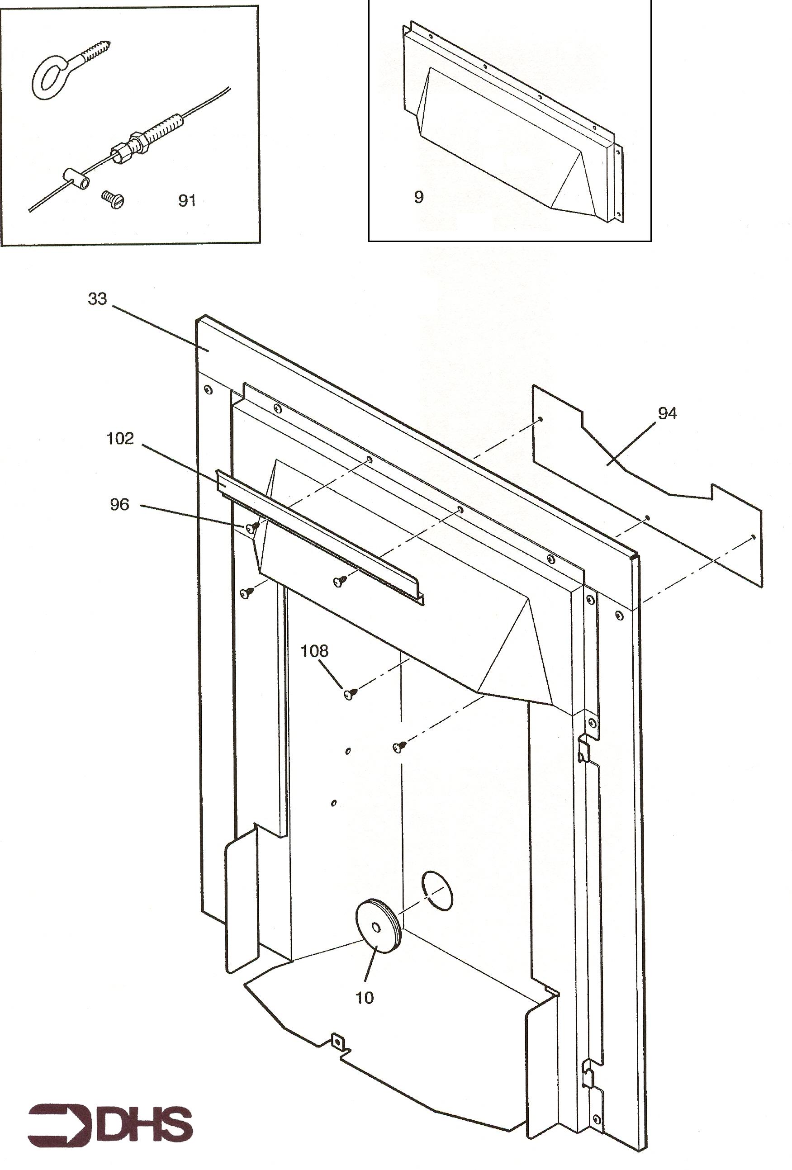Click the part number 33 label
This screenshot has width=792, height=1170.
(97, 298)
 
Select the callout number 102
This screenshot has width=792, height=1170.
(120, 439)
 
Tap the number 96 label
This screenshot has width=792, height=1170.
(119, 504)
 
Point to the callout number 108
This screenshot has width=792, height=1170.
(314, 651)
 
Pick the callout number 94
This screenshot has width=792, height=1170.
(667, 413)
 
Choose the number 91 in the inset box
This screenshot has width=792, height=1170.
(187, 201)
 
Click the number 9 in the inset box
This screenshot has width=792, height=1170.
(418, 197)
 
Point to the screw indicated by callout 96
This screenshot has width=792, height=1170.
(252, 527)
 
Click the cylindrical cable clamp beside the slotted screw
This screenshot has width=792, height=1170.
(76, 178)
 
